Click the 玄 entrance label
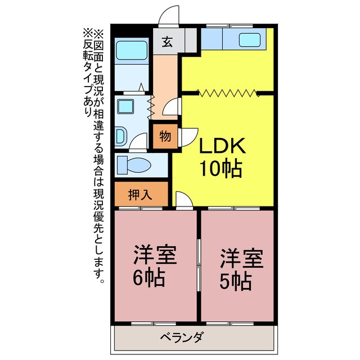[168, 42]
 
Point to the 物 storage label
[165, 136]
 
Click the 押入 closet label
[140, 195]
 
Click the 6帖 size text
[149, 279]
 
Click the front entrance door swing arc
[169, 16]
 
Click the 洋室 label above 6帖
[155, 256]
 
